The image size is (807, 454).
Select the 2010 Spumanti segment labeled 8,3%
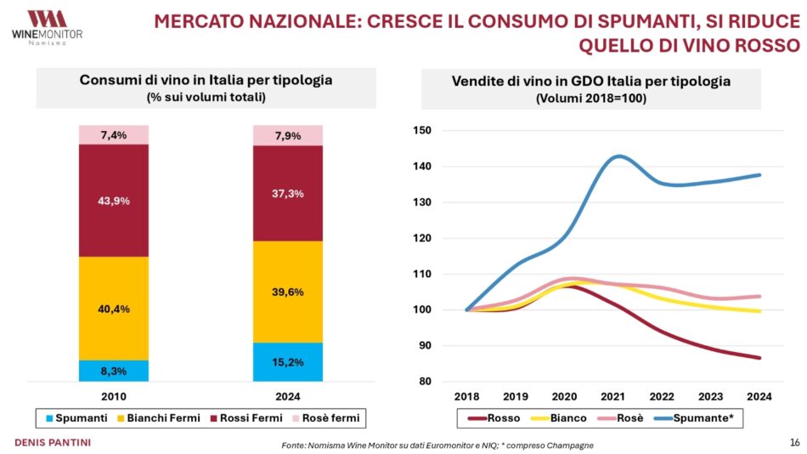point(114,371)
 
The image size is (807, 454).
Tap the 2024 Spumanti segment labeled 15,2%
point(288,362)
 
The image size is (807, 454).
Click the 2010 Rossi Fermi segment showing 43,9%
point(114,201)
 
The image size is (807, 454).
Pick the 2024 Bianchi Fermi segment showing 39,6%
point(288,292)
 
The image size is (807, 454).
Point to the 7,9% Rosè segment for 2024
point(288,135)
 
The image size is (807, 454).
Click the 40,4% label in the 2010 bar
point(114,309)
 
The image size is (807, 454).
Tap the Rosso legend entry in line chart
point(495,417)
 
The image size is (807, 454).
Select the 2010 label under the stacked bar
point(114,396)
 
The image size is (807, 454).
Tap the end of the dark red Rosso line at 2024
point(759,358)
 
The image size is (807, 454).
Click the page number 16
point(794,442)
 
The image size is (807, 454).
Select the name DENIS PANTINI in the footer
point(53,442)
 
